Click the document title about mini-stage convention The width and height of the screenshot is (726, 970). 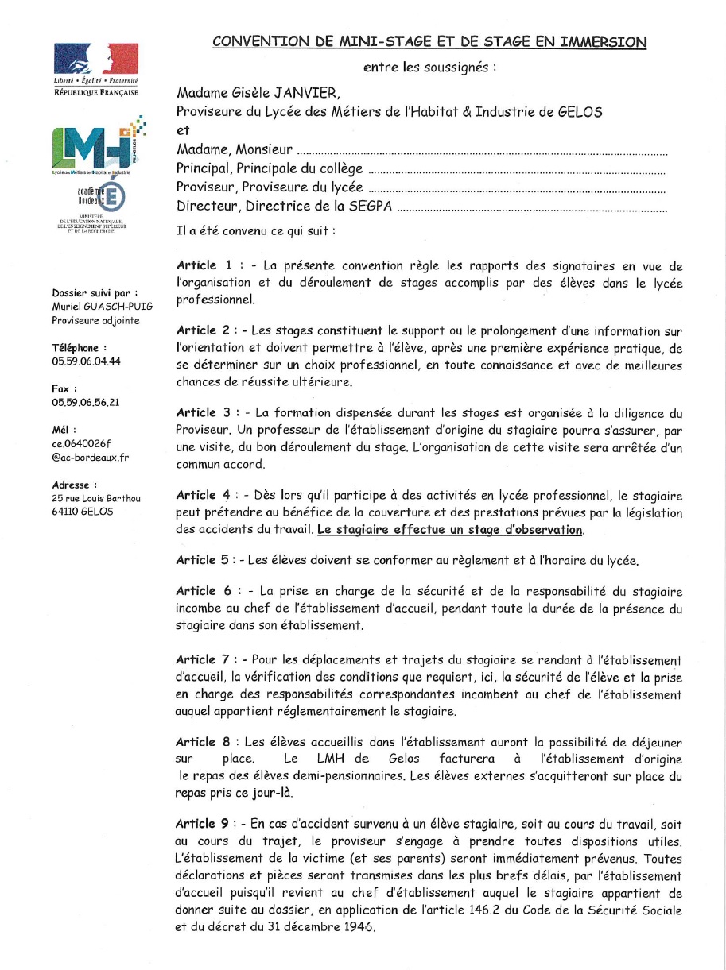coord(429,41)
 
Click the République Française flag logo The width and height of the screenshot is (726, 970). coord(95,62)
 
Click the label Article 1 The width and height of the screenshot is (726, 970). coord(204,265)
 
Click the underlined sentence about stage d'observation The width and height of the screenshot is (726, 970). coord(450,529)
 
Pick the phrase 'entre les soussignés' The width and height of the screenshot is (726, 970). coord(429,68)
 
